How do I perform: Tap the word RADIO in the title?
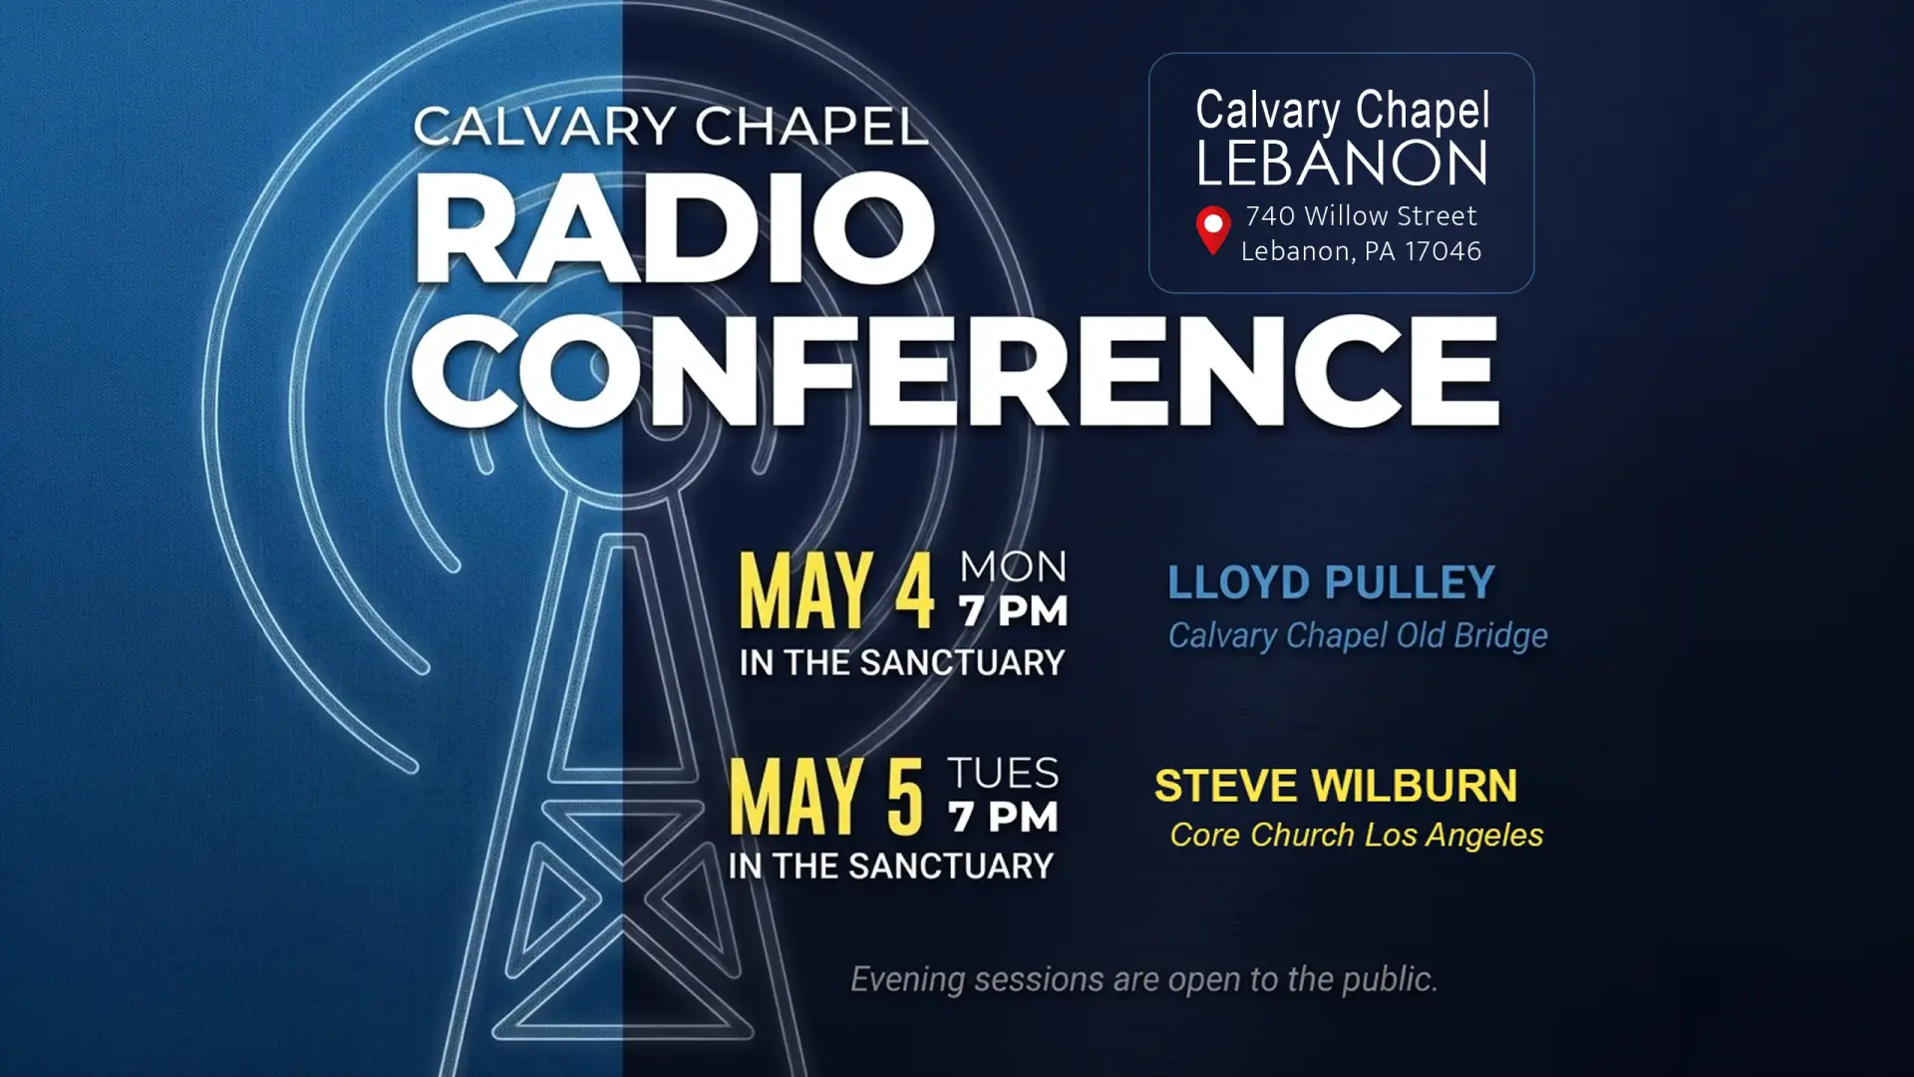click(675, 228)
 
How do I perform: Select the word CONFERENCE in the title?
click(955, 371)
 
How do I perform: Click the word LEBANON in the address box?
click(1342, 164)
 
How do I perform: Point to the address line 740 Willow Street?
click(1361, 215)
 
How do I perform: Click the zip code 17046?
click(1442, 251)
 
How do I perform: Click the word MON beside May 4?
click(1013, 567)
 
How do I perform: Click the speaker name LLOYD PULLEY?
click(1331, 582)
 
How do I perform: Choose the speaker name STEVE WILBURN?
click(1336, 786)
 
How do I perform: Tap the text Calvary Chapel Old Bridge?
click(1358, 636)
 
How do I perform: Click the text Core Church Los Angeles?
click(1357, 836)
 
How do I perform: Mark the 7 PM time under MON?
click(1013, 611)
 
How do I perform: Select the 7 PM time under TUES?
click(1003, 817)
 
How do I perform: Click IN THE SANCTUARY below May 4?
click(902, 663)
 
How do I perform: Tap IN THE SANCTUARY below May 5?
click(891, 867)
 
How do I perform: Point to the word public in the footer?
click(1390, 980)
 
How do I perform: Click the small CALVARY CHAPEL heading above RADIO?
click(671, 127)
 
